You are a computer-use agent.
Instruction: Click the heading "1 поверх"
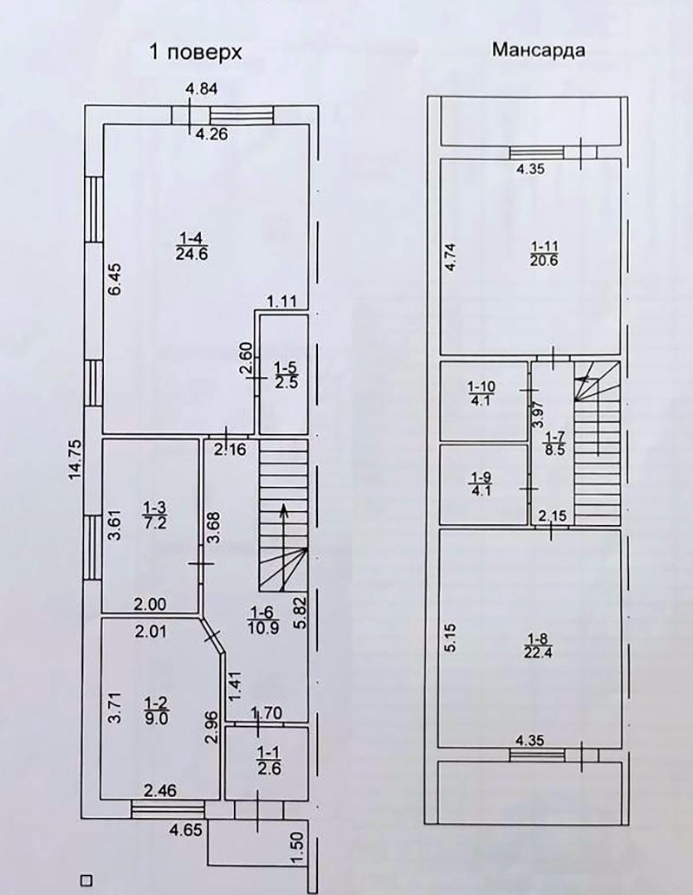196,53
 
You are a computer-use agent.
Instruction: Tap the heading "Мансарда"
538,49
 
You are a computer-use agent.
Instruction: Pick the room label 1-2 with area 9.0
154,709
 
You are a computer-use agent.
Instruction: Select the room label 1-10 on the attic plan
481,393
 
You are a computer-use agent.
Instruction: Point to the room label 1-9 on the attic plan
481,483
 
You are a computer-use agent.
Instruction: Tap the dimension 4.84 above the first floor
203,88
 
